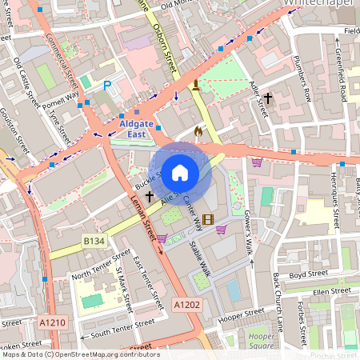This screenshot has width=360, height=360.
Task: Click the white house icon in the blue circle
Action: (180, 173)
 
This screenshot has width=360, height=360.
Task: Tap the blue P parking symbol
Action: (107, 85)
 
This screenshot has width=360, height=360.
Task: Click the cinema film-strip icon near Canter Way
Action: (208, 219)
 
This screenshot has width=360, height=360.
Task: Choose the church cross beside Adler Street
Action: (268, 98)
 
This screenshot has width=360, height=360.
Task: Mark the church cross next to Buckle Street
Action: (149, 195)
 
